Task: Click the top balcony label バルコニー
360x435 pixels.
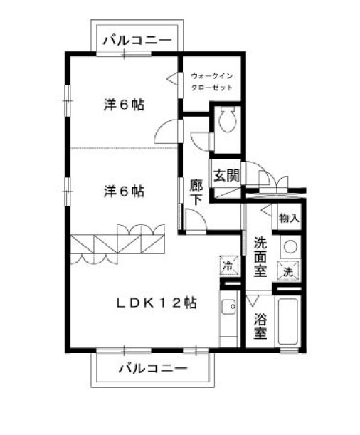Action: click(137, 41)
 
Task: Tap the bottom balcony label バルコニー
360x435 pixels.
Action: click(153, 368)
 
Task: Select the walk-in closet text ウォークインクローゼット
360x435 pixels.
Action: click(212, 82)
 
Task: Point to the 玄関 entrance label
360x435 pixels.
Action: click(226, 175)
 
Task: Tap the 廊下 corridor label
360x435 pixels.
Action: click(196, 192)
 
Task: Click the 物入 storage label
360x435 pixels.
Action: click(290, 218)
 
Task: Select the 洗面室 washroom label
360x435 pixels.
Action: click(260, 256)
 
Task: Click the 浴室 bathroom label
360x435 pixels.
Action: click(260, 326)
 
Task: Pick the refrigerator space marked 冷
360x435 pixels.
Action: click(229, 265)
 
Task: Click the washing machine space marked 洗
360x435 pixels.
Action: click(288, 271)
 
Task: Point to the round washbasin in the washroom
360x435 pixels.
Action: click(290, 246)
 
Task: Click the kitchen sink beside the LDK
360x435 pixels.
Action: click(228, 307)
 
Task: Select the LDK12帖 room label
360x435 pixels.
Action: click(157, 303)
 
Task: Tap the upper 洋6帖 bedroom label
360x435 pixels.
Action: click(125, 105)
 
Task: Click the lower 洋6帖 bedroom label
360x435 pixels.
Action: click(125, 192)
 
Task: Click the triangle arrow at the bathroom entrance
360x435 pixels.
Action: click(253, 300)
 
